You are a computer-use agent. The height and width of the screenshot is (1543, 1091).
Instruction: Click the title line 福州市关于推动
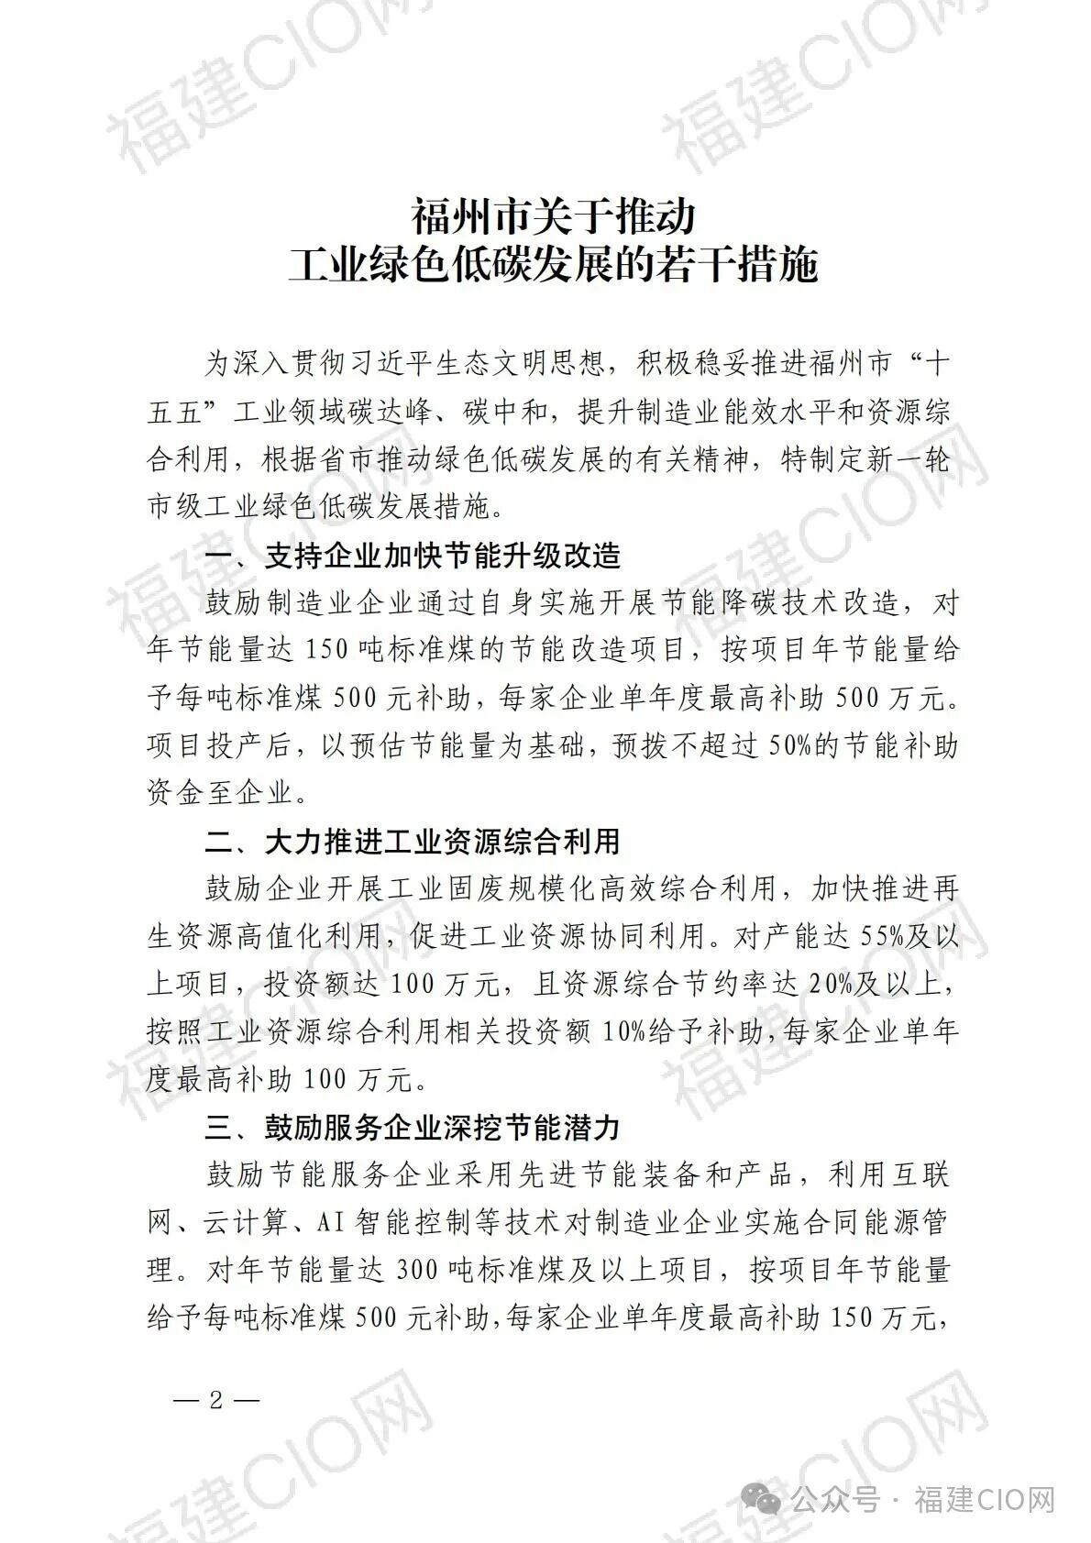coord(553,217)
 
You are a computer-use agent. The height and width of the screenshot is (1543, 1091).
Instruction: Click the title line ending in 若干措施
coord(553,267)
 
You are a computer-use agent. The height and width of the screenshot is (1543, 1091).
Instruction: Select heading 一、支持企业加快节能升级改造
coord(413,556)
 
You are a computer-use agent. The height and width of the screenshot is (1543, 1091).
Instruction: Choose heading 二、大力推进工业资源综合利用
coord(413,842)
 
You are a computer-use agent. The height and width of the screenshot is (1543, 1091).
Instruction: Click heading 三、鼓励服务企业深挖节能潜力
coord(413,1128)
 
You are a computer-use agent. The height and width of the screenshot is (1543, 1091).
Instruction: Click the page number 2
coord(216,1401)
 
